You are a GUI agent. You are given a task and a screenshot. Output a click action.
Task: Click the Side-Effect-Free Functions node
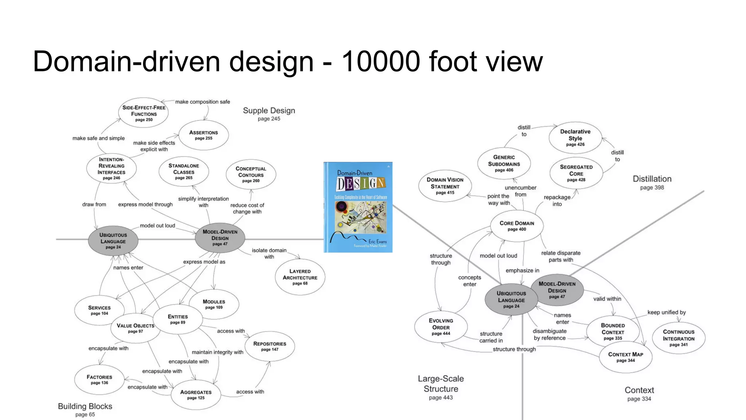[x=144, y=113]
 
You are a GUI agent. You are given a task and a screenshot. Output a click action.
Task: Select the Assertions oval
[x=203, y=135]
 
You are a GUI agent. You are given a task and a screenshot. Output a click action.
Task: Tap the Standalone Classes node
[x=184, y=171]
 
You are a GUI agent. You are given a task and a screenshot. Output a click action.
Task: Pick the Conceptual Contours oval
[x=251, y=174]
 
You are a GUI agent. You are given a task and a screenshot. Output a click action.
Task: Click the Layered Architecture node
[x=300, y=277]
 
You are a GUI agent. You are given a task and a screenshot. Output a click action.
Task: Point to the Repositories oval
[x=270, y=346]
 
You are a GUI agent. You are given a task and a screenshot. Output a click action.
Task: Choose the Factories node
[x=99, y=380]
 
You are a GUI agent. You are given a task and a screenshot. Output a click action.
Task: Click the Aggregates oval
[x=196, y=394]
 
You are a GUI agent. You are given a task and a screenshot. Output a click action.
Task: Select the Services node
[x=99, y=310]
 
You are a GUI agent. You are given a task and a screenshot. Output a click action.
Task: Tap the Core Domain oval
[x=517, y=226]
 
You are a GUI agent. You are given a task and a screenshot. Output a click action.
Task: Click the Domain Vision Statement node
[x=445, y=186]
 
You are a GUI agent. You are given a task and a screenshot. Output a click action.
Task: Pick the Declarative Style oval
[x=575, y=137]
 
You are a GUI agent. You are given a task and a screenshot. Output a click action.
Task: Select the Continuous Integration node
[x=678, y=338]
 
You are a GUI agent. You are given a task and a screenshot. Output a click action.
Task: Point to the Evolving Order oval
[x=441, y=327]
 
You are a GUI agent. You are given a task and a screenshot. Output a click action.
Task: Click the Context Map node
[x=625, y=357]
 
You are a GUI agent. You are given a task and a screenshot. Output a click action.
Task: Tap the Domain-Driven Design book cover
[x=358, y=207]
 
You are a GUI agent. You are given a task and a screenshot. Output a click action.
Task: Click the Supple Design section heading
[x=269, y=111]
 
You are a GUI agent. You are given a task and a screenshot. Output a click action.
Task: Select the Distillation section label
[x=652, y=179]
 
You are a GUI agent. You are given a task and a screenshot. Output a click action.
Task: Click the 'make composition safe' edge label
[x=203, y=102]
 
